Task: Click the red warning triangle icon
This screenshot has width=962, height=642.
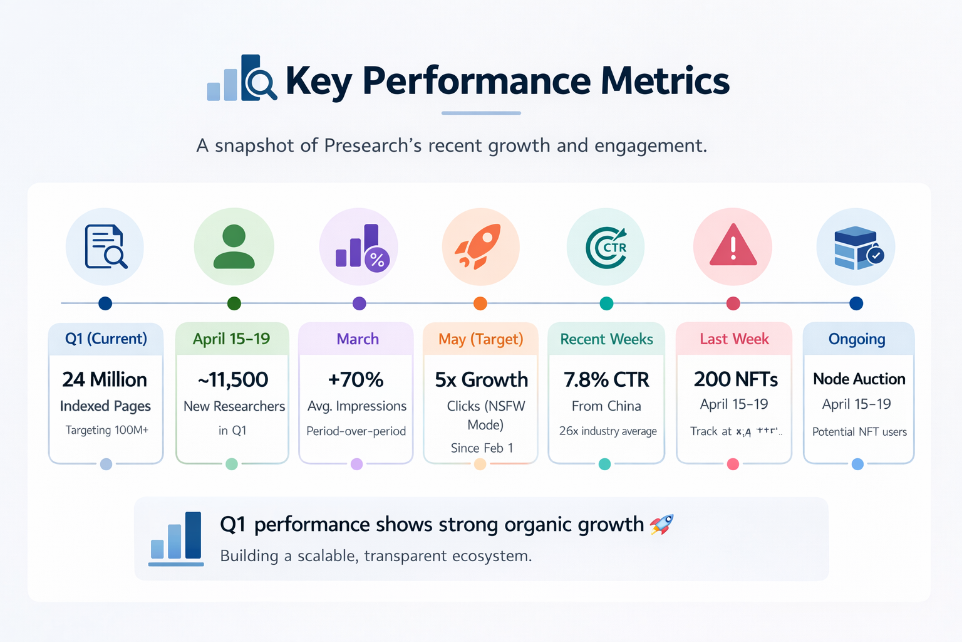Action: pos(733,246)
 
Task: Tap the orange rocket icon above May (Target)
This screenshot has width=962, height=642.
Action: pos(480,246)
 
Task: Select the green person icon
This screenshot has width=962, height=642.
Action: pos(234,246)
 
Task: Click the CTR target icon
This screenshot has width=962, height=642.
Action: pos(606,247)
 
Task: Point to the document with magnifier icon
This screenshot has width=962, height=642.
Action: pos(105,246)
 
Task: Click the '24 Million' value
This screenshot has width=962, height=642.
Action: pos(105,379)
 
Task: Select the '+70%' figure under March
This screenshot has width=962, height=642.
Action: pos(356,379)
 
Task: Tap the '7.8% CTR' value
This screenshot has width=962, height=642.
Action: pos(606,379)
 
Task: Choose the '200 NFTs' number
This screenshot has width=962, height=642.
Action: pos(736,379)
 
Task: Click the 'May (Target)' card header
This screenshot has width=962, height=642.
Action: pos(480,339)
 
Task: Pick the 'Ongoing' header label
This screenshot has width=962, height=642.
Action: pos(857,339)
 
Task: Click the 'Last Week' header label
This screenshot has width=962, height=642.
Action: pos(734,339)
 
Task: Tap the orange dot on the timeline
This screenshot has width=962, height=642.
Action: pos(480,303)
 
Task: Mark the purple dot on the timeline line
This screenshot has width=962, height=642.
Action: pos(359,303)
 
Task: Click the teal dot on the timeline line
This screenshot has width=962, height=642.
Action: pos(606,303)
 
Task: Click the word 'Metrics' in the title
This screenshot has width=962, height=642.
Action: pos(665,81)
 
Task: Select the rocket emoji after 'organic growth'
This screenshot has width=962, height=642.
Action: pos(661,524)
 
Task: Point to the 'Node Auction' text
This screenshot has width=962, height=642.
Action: pos(859,379)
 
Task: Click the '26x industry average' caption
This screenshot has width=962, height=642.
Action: pos(608,431)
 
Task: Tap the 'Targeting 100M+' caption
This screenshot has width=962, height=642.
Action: pos(107,430)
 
